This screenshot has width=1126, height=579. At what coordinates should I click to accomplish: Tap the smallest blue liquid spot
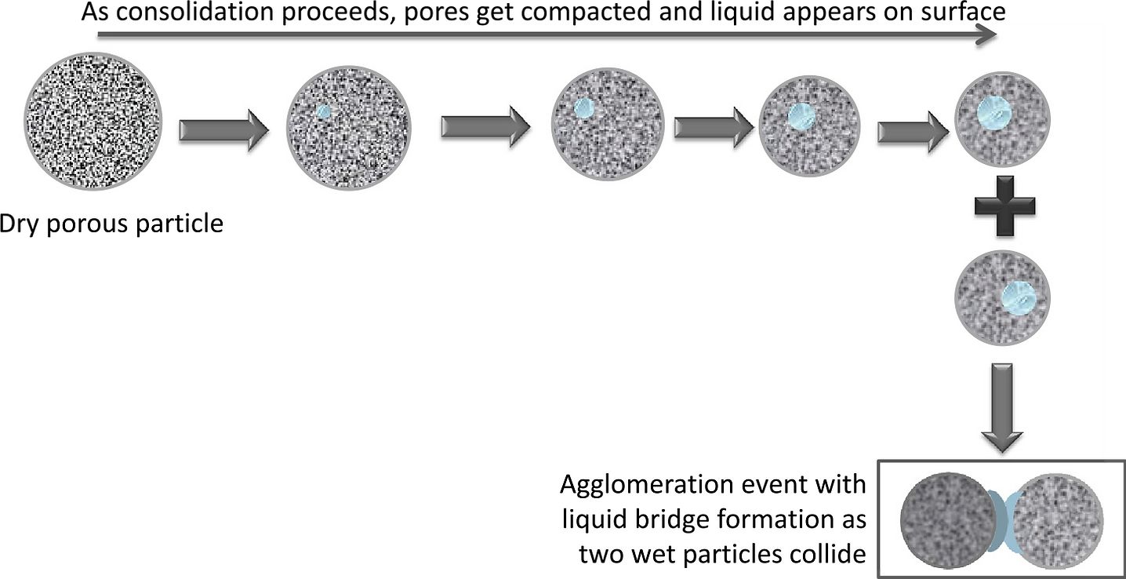point(324,112)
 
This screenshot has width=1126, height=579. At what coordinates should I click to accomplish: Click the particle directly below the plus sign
point(1002,299)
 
